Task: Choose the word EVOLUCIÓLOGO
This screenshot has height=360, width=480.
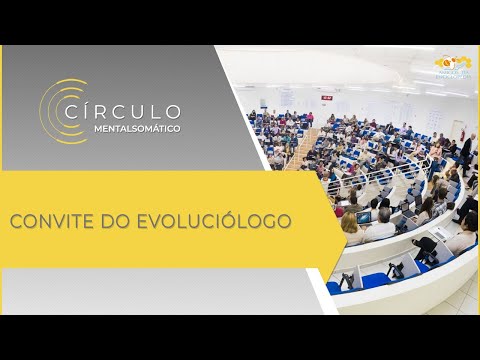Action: click(x=222, y=219)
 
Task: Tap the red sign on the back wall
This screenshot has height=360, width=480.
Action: click(x=327, y=98)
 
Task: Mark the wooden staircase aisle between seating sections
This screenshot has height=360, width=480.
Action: click(x=300, y=150)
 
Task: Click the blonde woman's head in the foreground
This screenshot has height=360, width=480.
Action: click(x=352, y=223)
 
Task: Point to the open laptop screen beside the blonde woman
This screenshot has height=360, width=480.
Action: click(x=364, y=217)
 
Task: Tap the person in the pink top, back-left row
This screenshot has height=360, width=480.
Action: click(x=310, y=118)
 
